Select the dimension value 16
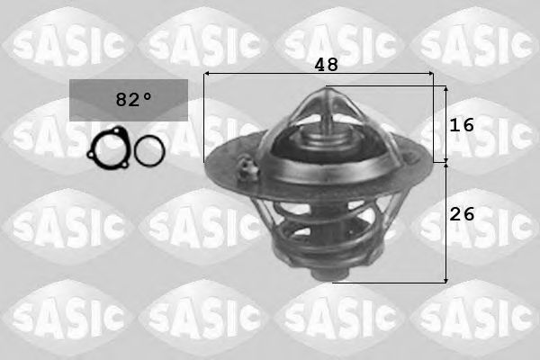pyautogui.click(x=461, y=125)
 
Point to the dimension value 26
pyautogui.click(x=461, y=215)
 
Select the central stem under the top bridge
pyautogui.click(x=322, y=135)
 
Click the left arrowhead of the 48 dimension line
pyautogui.click(x=206, y=75)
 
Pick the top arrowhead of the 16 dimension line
pyautogui.click(x=445, y=88)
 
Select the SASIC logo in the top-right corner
pyautogui.click(x=477, y=40)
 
